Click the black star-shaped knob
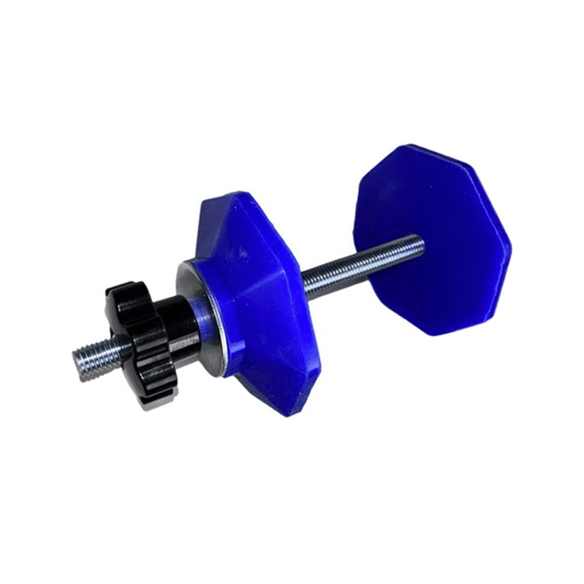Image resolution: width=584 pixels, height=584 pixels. click(140, 344)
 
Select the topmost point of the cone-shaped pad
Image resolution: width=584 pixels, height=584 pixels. click(233, 193)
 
